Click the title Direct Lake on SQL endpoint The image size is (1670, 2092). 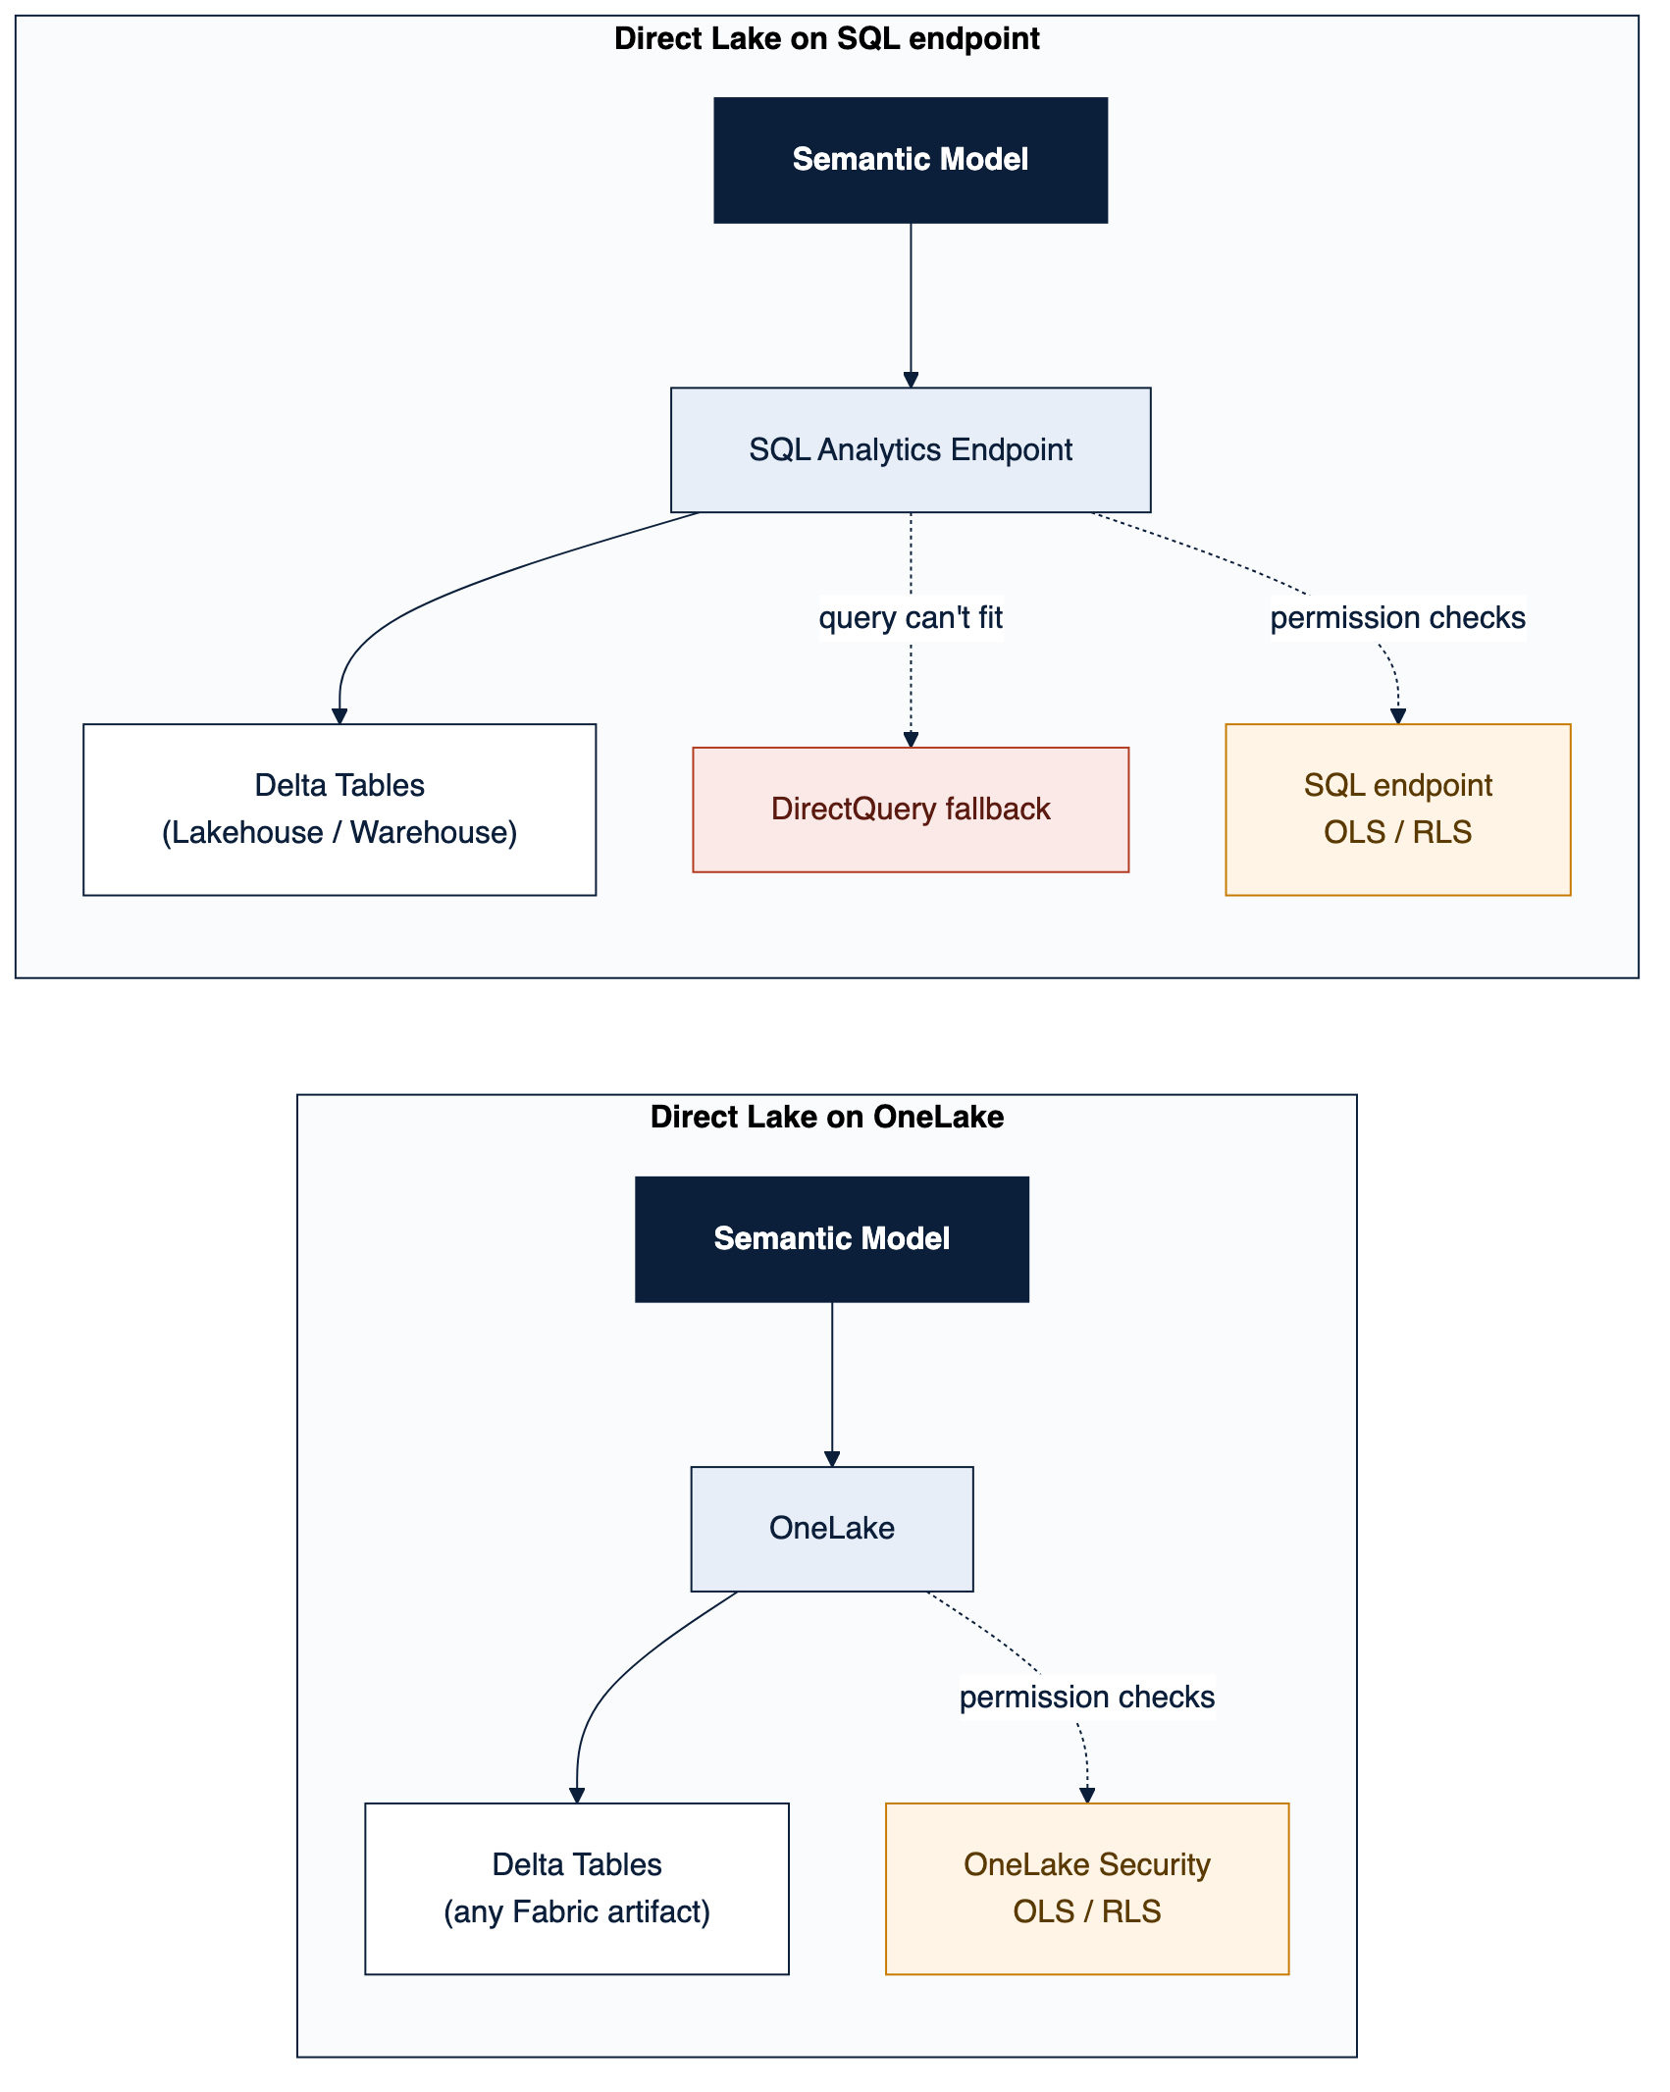pos(826,39)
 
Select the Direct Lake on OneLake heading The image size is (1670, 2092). pos(826,1117)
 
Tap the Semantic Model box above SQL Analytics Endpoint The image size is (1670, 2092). pos(911,160)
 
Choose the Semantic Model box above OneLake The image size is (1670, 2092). pos(832,1239)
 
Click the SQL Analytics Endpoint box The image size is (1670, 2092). pos(911,449)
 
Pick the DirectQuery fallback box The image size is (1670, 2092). pos(911,810)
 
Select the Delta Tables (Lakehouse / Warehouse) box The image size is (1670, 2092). pos(339,810)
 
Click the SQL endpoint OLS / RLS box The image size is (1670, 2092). pos(1398,810)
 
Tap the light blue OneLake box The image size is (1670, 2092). pos(832,1529)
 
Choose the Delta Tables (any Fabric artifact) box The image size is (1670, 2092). pos(577,1889)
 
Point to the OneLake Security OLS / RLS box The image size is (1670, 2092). pos(1087,1889)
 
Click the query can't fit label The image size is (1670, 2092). pos(911,618)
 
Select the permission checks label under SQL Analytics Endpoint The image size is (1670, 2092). pos(1398,618)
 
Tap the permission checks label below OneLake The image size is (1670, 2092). pos(1087,1698)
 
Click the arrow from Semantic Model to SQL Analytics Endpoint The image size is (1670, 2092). pos(911,305)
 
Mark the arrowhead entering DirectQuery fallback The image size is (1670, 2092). pos(911,740)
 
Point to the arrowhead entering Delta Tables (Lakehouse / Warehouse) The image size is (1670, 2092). pos(339,716)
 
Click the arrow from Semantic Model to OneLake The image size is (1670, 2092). pos(832,1385)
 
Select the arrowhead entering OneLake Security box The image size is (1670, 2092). pos(1087,1796)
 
